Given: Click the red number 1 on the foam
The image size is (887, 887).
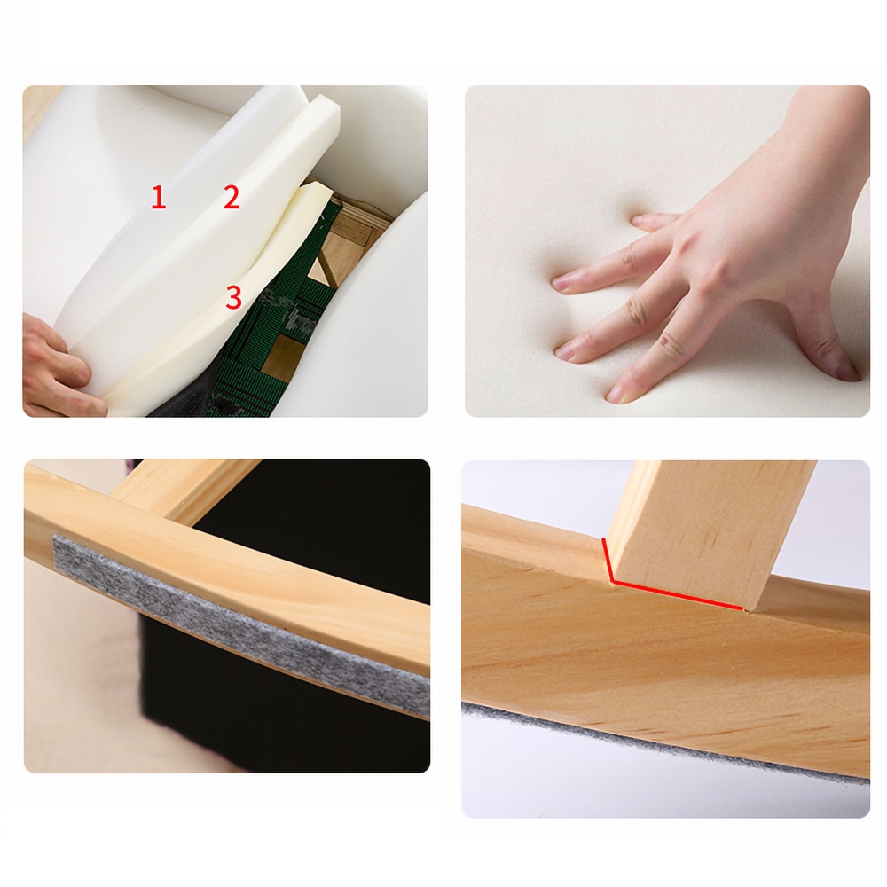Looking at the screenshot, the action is click(x=159, y=198).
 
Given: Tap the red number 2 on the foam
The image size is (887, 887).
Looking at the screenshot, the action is click(x=232, y=198).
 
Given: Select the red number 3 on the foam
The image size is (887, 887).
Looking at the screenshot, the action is click(x=233, y=297).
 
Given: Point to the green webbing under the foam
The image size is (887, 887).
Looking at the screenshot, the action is click(x=266, y=328).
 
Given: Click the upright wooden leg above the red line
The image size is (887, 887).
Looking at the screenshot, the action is click(x=710, y=531).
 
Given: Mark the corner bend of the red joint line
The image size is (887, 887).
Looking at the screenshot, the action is click(x=611, y=580).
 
